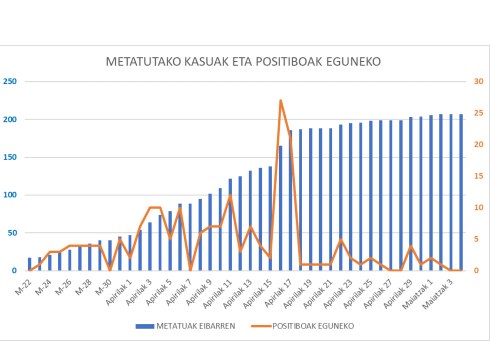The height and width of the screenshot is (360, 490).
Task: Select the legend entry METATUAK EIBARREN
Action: click(x=189, y=325)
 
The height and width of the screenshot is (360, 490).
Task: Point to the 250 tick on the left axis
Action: click(x=10, y=81)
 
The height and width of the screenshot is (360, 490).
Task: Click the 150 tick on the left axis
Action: click(x=10, y=157)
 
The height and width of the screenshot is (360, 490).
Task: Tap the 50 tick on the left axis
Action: click(x=12, y=233)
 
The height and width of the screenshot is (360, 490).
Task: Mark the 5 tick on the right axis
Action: click(x=478, y=239)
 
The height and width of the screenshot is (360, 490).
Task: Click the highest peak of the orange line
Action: click(x=281, y=100)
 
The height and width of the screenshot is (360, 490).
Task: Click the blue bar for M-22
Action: click(x=30, y=264)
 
